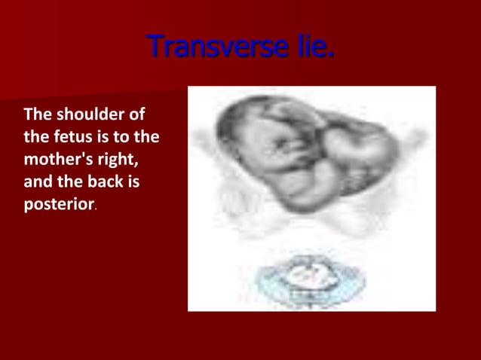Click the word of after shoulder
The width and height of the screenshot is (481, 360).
click(x=136, y=115)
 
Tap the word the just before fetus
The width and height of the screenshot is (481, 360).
click(x=35, y=137)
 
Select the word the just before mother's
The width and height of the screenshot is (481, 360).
click(x=147, y=137)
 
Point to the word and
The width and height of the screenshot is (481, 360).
click(x=37, y=182)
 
